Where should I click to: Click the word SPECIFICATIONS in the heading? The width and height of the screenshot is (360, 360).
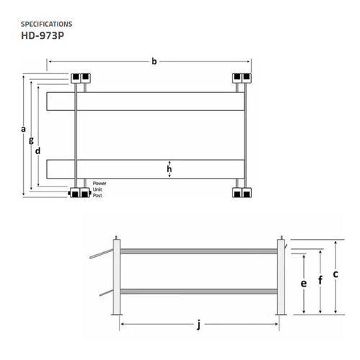click(53, 23)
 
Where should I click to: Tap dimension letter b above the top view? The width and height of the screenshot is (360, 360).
click(153, 62)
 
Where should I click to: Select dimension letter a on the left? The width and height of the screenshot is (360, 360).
click(23, 129)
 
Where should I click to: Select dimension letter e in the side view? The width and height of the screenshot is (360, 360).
click(304, 283)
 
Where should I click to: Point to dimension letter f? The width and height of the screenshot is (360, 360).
click(320, 279)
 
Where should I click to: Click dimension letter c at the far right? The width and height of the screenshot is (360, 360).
click(336, 274)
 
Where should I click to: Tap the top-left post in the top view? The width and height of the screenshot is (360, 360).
click(79, 77)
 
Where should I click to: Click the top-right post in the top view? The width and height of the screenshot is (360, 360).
click(241, 77)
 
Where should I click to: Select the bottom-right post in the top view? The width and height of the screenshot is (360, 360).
click(241, 192)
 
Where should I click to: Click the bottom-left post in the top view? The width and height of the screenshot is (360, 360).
click(79, 192)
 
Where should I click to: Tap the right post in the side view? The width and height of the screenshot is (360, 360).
click(281, 277)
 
